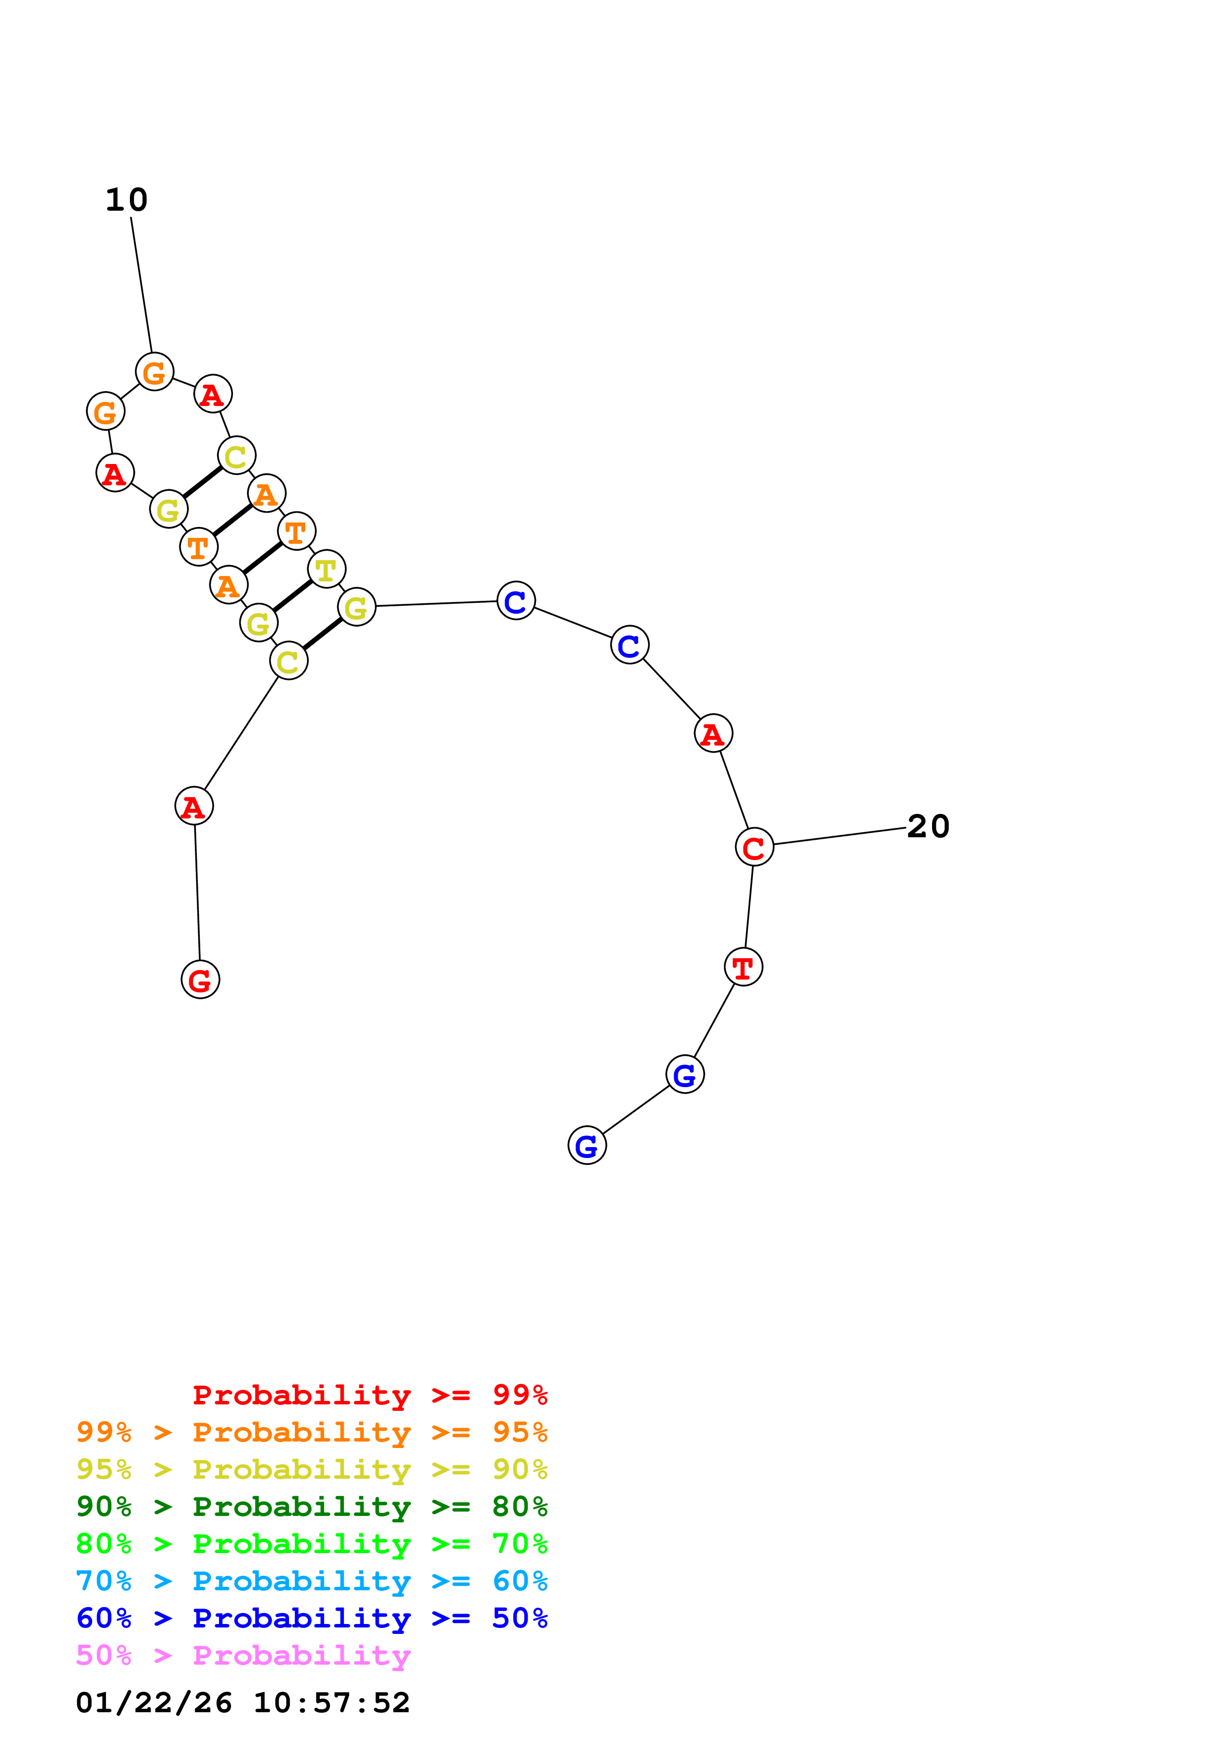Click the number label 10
click(126, 200)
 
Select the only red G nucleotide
click(200, 980)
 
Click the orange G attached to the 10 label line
click(155, 372)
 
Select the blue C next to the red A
click(629, 645)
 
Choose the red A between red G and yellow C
click(194, 806)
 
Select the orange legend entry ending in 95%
click(311, 1432)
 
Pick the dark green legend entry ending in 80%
click(311, 1507)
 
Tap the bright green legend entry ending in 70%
click(311, 1544)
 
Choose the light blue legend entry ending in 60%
click(311, 1581)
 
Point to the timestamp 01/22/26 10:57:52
click(242, 1703)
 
